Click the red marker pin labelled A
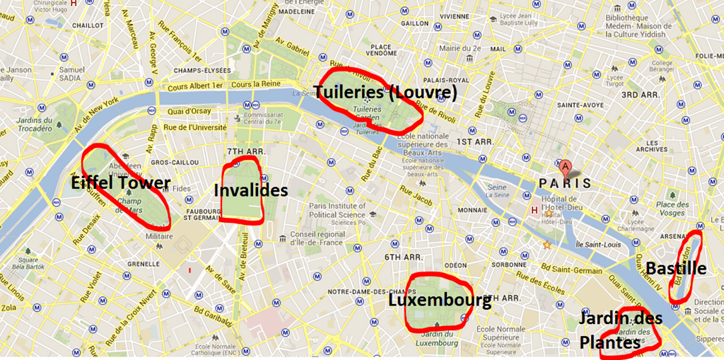[x=564, y=167]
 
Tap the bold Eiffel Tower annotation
[x=121, y=183]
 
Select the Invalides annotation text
[x=250, y=190]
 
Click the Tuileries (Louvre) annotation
[x=385, y=93]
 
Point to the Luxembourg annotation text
[x=439, y=301]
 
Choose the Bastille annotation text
[x=675, y=268]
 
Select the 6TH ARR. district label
[x=404, y=257]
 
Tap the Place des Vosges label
[x=672, y=209]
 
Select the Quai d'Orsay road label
[x=189, y=111]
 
